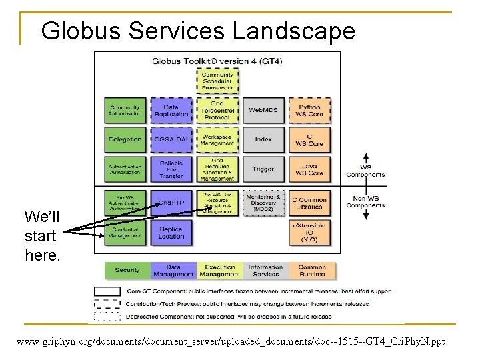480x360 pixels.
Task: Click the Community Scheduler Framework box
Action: [x=217, y=81]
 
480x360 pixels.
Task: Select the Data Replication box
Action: [x=171, y=111]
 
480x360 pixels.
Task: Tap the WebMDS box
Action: [x=263, y=110]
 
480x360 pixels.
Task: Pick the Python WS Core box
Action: [x=309, y=111]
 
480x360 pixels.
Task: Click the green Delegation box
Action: [x=125, y=140]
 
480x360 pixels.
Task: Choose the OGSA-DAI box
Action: [x=171, y=140]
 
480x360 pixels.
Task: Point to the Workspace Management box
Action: [x=217, y=140]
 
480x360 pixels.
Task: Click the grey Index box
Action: [x=263, y=140]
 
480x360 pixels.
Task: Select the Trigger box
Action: [x=263, y=169]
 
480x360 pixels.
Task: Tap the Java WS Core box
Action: [x=309, y=169]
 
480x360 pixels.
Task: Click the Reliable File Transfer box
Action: [x=171, y=169]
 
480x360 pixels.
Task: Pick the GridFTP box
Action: [x=171, y=203]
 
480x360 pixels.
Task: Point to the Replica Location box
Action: [x=171, y=232]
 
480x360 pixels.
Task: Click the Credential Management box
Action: [x=125, y=232]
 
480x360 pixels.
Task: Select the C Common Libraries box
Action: [x=309, y=203]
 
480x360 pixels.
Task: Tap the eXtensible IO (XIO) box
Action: [x=309, y=232]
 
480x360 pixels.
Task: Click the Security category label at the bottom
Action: [x=127, y=271]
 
